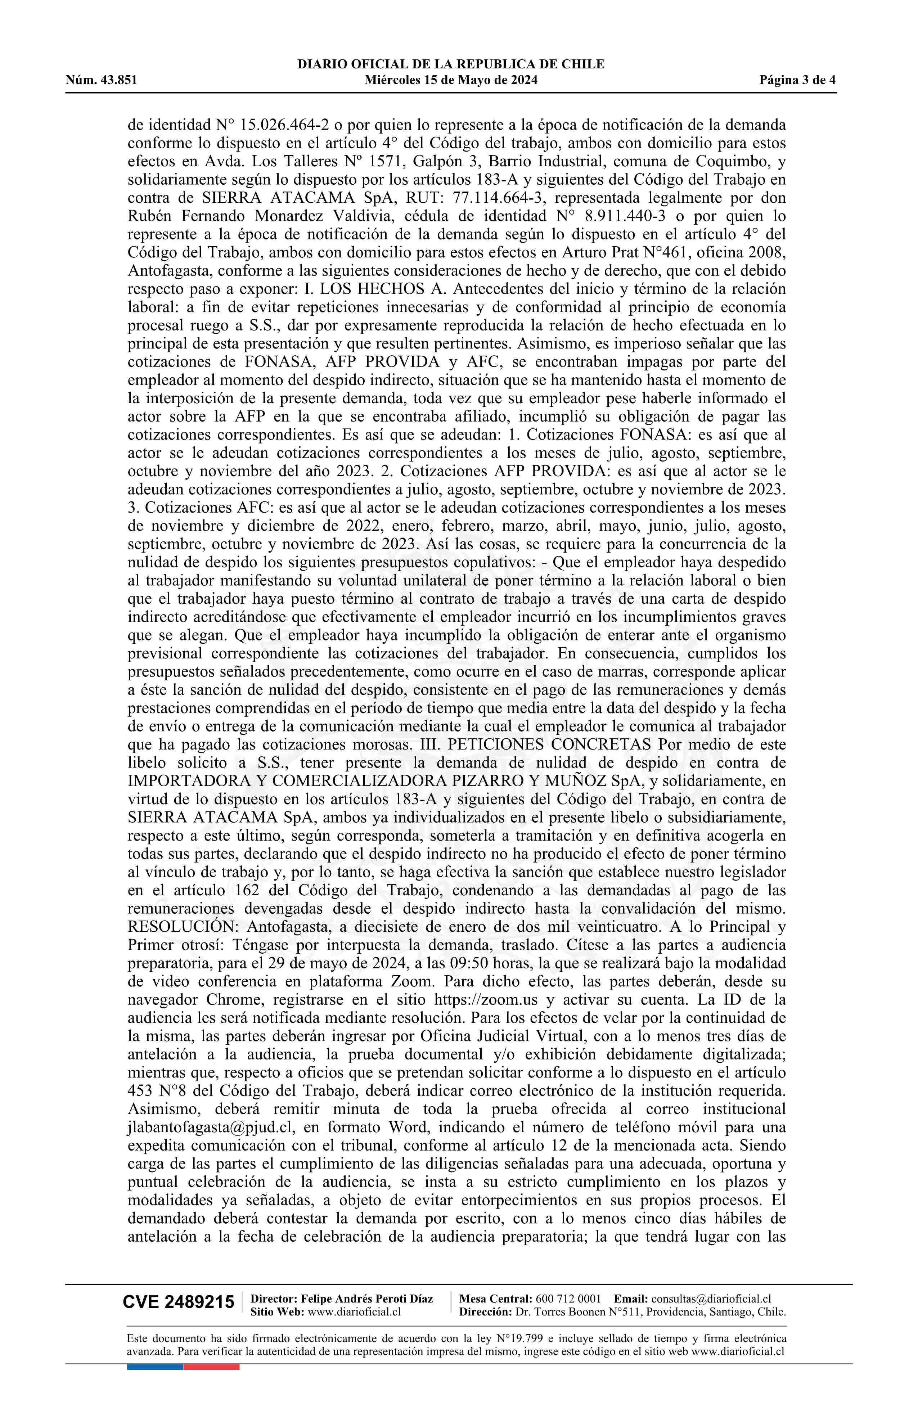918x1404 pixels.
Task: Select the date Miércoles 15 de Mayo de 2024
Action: tap(451, 80)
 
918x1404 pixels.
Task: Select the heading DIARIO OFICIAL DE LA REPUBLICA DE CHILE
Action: tap(451, 64)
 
